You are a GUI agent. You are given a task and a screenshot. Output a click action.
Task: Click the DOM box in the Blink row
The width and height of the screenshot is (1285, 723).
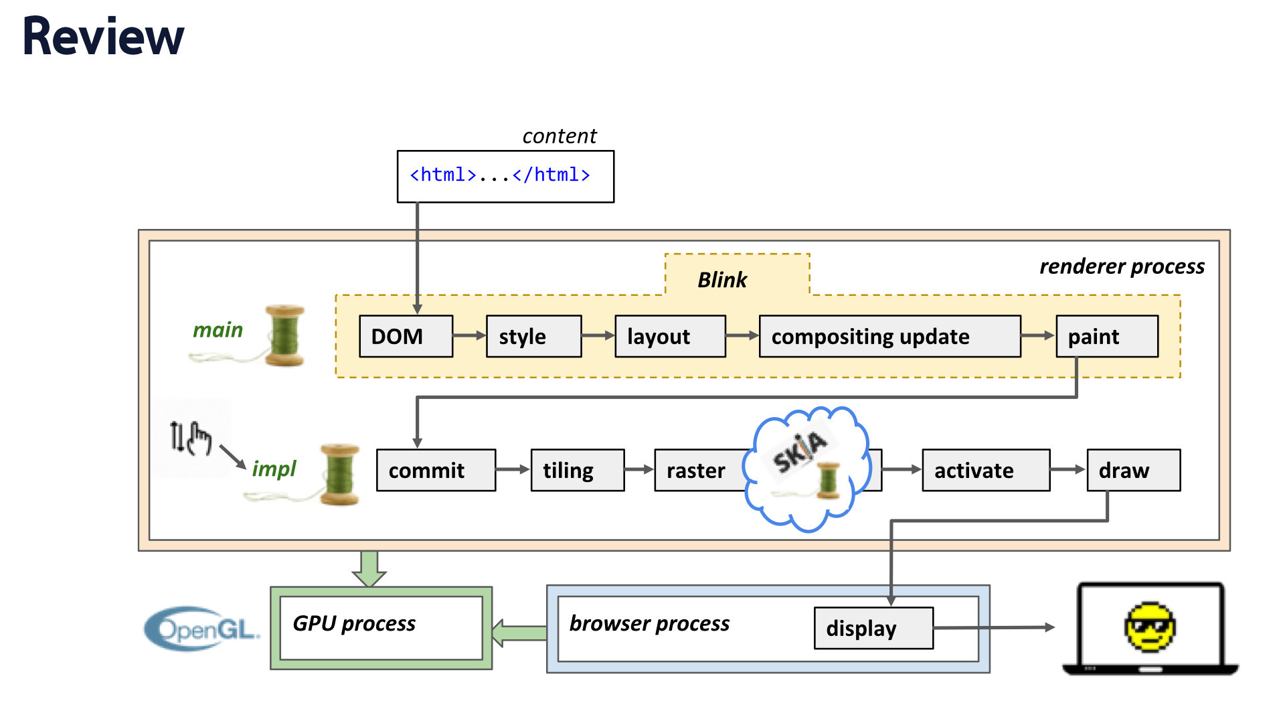click(x=406, y=336)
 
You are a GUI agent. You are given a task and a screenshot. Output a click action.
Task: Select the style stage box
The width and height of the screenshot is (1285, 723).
click(x=533, y=336)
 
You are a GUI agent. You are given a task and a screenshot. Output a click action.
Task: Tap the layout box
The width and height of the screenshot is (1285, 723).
click(x=669, y=336)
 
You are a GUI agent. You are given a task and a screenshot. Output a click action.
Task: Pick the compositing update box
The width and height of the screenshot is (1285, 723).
click(x=889, y=336)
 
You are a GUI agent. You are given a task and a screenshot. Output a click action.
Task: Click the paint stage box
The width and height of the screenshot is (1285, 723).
click(x=1106, y=336)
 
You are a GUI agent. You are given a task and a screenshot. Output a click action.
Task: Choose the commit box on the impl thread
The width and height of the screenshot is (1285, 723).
click(x=436, y=470)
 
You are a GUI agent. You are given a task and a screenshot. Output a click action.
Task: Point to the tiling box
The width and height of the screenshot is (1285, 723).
click(x=577, y=470)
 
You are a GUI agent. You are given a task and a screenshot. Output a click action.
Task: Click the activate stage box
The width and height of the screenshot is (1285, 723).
click(x=985, y=470)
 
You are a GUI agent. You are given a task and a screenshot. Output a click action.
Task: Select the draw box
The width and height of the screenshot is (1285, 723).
click(x=1133, y=470)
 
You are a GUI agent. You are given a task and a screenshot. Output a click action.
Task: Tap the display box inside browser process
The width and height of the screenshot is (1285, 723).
click(x=873, y=628)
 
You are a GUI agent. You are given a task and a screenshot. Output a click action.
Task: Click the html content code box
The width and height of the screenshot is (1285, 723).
click(x=505, y=176)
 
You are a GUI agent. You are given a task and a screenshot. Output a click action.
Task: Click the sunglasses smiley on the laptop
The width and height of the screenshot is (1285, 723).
click(x=1150, y=627)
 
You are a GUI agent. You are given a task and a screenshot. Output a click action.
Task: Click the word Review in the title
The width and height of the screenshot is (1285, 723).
click(x=103, y=36)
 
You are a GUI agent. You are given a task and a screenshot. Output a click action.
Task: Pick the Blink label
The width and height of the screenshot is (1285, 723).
click(x=722, y=280)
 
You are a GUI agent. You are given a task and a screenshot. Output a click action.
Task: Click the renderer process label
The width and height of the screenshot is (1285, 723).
click(x=1122, y=266)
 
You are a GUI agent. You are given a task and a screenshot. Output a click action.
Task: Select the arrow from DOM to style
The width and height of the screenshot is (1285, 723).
click(x=469, y=335)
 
